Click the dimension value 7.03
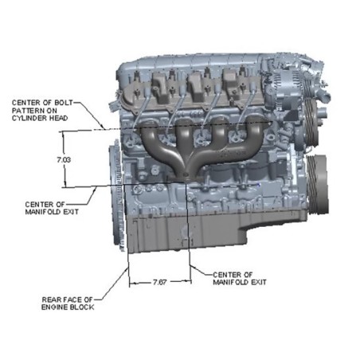click(64, 160)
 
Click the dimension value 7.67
click(160, 282)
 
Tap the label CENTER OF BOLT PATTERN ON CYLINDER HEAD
click(42, 111)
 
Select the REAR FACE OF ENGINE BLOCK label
click(68, 303)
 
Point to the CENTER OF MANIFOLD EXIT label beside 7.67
click(240, 279)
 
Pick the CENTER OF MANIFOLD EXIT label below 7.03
click(52, 208)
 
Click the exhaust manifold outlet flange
click(185, 177)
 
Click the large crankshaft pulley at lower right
click(318, 183)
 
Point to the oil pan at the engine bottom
click(186, 233)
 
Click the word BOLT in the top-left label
click(64, 103)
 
